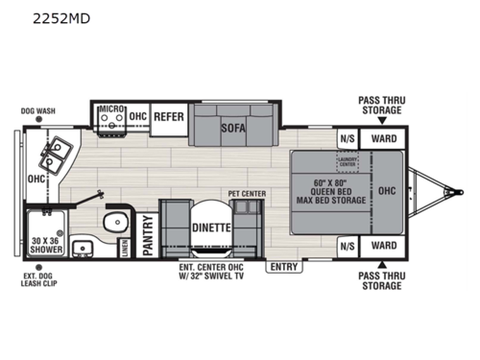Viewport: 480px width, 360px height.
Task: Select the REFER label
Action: (x=169, y=117)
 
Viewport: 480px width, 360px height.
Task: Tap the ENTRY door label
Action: (x=285, y=267)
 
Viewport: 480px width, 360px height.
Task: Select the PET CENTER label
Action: (x=247, y=193)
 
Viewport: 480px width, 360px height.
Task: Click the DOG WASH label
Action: (x=37, y=110)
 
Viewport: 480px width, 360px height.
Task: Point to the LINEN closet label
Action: (x=125, y=248)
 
